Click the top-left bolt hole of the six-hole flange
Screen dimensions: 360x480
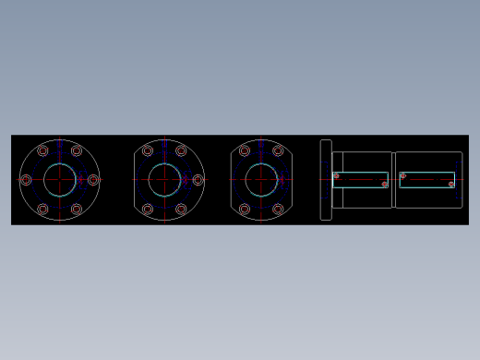(x=42, y=150)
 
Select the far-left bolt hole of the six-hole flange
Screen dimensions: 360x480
(x=26, y=180)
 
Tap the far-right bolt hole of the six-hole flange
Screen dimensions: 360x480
(x=93, y=180)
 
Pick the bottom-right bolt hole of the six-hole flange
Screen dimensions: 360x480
(x=77, y=210)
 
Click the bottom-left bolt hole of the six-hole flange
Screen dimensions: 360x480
(x=42, y=210)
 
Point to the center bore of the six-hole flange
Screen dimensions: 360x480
(x=60, y=180)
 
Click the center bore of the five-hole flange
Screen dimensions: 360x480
(x=165, y=180)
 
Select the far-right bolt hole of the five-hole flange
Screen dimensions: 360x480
(x=198, y=180)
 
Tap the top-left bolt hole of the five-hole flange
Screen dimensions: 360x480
(x=148, y=150)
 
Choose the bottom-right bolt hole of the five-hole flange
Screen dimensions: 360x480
(x=182, y=210)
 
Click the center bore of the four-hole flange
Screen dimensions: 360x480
(x=261, y=180)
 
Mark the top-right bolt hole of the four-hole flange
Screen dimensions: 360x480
(x=278, y=150)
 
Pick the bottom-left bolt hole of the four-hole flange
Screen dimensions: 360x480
(x=245, y=210)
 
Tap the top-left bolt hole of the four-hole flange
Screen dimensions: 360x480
(x=245, y=150)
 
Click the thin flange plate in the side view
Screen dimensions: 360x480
(x=326, y=180)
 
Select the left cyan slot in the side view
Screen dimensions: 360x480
(x=360, y=180)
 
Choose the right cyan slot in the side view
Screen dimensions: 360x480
(x=426, y=180)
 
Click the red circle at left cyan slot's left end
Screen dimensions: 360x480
(x=336, y=175)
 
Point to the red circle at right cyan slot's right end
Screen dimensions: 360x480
(x=451, y=185)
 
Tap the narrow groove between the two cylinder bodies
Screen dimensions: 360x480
(x=393, y=180)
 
